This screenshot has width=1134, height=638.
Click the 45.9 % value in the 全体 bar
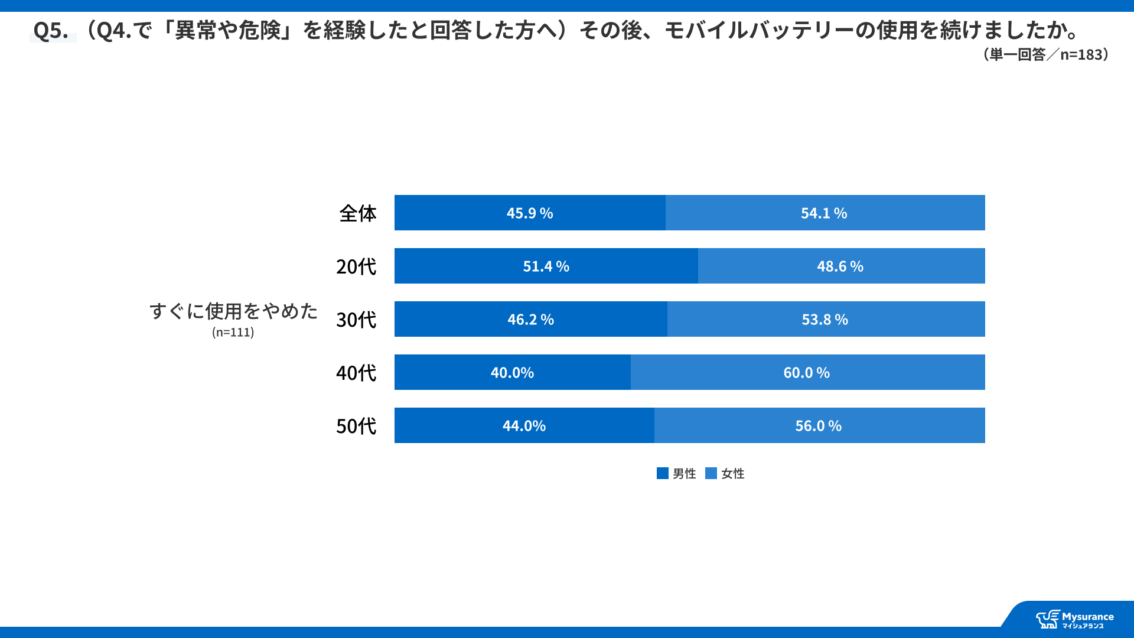pos(530,213)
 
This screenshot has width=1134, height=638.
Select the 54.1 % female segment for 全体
pos(824,213)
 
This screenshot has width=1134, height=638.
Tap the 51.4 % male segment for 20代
pos(546,266)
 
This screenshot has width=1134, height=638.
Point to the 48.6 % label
pos(840,266)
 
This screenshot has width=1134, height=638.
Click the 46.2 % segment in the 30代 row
pos(530,320)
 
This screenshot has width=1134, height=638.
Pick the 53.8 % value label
pos(825,320)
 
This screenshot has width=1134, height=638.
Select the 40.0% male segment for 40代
pos(512,373)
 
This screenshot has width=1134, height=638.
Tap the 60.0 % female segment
pos(806,373)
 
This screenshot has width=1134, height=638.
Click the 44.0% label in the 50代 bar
pos(524,426)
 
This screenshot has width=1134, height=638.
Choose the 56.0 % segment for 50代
pos(818,426)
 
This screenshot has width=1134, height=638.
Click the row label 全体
pos(357,213)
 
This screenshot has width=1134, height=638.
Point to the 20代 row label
pos(356,266)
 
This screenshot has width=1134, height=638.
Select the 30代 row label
pos(356,320)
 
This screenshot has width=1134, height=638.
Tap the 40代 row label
pos(356,373)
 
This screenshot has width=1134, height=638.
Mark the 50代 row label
pos(356,426)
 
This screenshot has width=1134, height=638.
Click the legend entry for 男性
pos(677,474)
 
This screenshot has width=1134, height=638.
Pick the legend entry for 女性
pos(725,474)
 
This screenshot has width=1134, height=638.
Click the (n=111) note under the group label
pos(233,332)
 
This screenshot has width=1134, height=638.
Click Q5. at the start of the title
pos(51,30)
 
